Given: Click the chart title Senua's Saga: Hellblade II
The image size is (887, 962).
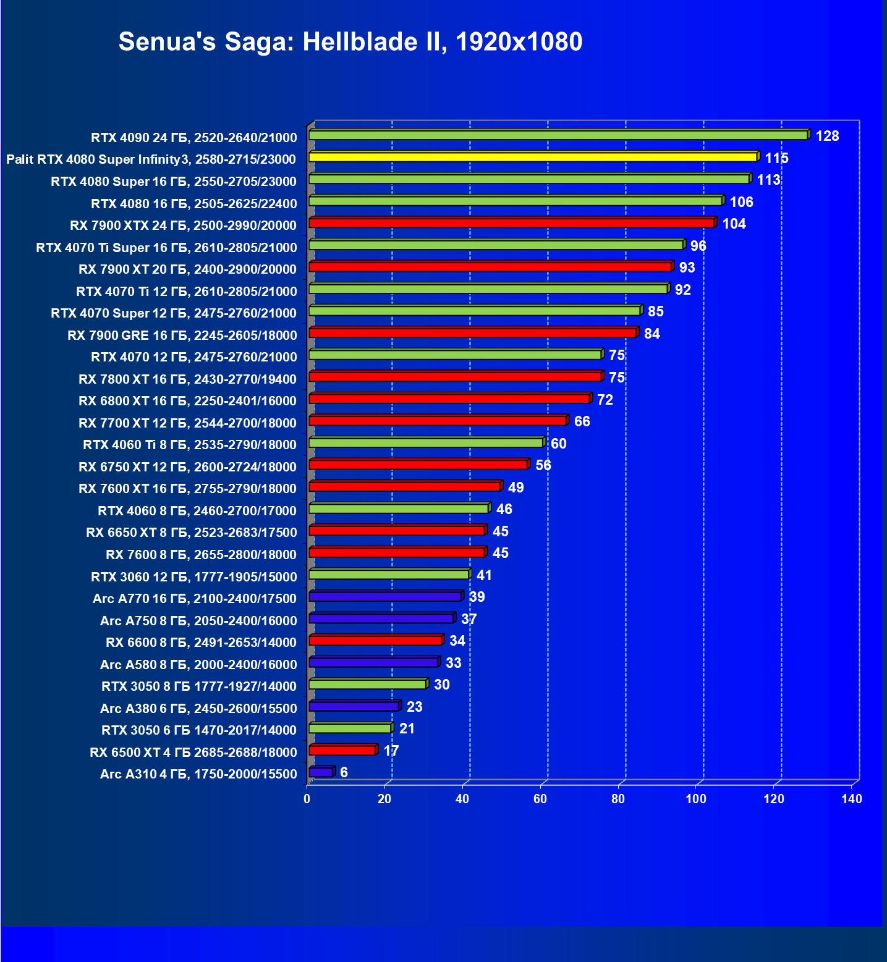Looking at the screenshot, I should [350, 42].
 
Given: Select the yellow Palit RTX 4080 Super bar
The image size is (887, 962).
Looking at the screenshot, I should [533, 157].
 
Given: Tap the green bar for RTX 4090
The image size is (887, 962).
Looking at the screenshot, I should [558, 135].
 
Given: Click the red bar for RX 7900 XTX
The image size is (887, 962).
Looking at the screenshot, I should [511, 223].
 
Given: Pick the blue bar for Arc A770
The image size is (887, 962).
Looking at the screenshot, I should [385, 597].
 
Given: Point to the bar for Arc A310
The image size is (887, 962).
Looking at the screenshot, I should [321, 772].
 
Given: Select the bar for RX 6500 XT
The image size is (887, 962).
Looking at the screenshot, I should [342, 751].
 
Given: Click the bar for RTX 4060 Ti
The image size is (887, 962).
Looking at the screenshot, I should [426, 443].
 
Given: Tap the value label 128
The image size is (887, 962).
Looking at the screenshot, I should [827, 136].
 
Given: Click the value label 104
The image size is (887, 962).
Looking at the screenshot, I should [734, 224].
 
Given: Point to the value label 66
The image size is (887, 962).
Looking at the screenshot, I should [582, 421].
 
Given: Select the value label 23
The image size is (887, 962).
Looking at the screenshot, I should [414, 707].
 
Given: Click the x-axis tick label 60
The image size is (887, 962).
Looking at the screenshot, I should [540, 799].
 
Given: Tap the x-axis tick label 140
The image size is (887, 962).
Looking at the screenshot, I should [851, 799].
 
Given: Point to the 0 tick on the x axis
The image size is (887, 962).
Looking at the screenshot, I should [307, 799].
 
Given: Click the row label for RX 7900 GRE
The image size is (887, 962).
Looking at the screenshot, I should [182, 335].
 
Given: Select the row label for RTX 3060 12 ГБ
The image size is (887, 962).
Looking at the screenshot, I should [193, 576].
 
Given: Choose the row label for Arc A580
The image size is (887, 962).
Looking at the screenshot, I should [198, 664].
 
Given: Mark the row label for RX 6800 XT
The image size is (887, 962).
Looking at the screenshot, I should [187, 401].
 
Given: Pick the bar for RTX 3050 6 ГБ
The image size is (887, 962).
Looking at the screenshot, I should [350, 728].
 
